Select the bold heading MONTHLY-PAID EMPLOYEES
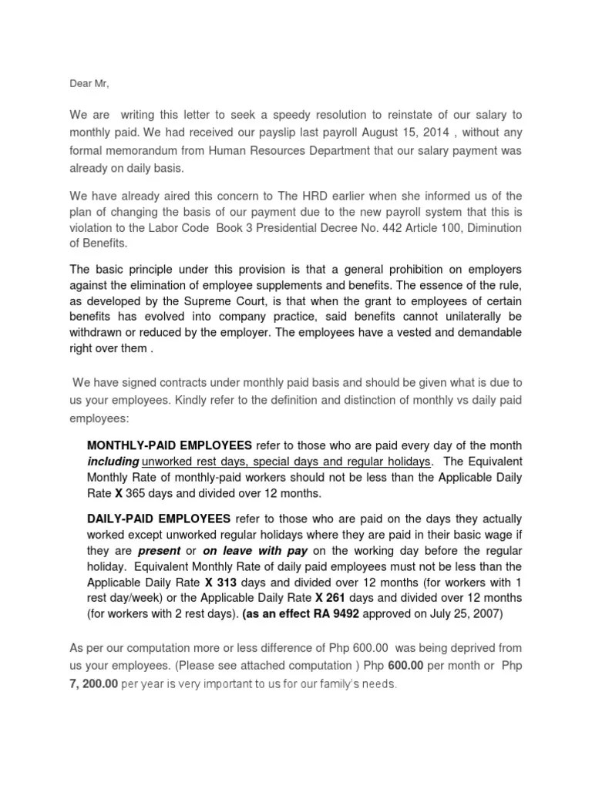tap(170, 446)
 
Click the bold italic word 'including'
tap(113, 462)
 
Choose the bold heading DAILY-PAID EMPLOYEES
tap(159, 518)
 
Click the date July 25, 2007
tap(467, 615)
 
